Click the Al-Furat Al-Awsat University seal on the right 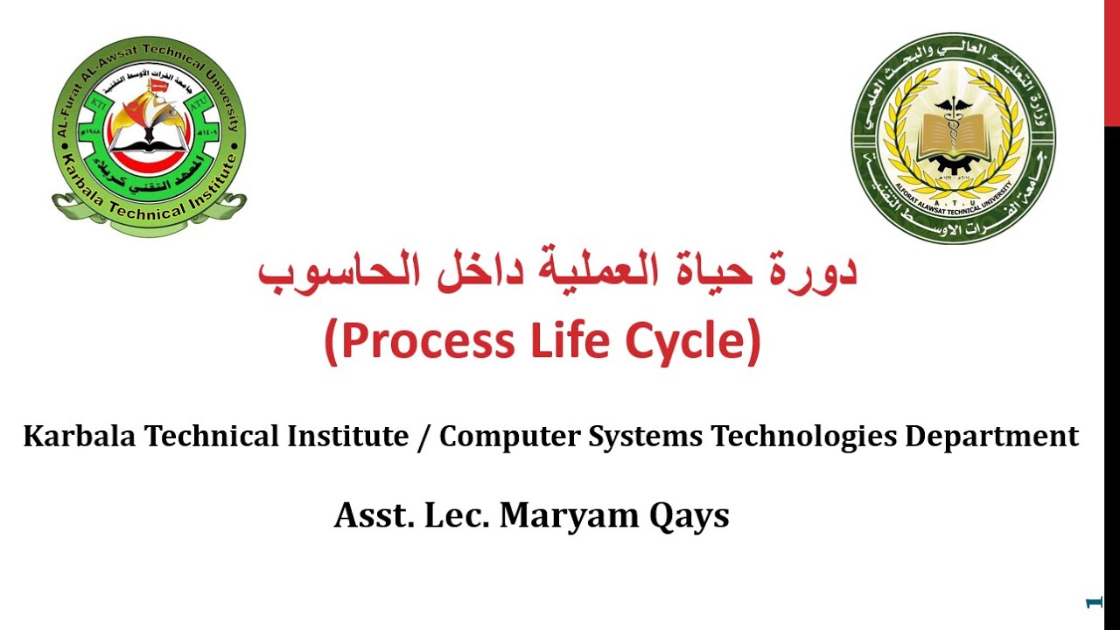click(x=953, y=137)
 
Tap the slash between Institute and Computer click(x=424, y=436)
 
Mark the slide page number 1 click(x=1091, y=603)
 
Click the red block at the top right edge click(x=1111, y=61)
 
